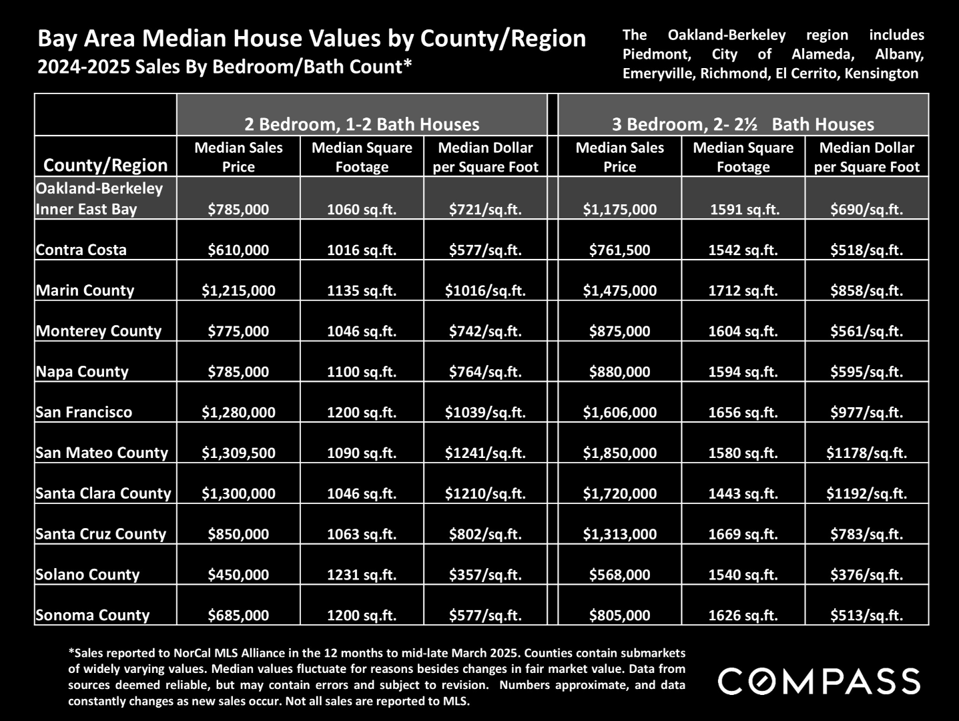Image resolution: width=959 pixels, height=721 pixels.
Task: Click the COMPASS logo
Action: pyautogui.click(x=820, y=681)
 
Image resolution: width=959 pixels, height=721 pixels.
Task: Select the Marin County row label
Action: pyautogui.click(x=85, y=290)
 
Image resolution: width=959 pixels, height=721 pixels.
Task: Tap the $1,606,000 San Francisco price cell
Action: pyautogui.click(x=619, y=413)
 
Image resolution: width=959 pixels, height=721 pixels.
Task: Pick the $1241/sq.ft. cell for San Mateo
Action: pyautogui.click(x=485, y=453)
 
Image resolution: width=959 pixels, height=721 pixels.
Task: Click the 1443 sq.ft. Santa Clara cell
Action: pyautogui.click(x=743, y=494)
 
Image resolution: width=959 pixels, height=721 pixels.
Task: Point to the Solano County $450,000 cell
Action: pyautogui.click(x=238, y=575)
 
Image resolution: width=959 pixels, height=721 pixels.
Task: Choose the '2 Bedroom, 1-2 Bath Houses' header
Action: pyautogui.click(x=362, y=125)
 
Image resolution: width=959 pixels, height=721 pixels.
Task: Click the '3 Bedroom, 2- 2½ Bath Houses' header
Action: pyautogui.click(x=743, y=125)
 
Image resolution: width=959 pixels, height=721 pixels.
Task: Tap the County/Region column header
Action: pyautogui.click(x=105, y=166)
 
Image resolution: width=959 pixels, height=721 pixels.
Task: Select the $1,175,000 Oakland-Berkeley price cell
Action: pyautogui.click(x=619, y=210)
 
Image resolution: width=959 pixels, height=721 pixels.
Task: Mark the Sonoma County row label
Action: pyautogui.click(x=93, y=616)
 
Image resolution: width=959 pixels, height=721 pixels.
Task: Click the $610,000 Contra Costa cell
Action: pyautogui.click(x=238, y=250)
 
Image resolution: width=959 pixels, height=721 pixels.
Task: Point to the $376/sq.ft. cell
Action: pyautogui.click(x=866, y=575)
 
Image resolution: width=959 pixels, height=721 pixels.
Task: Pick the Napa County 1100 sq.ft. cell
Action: pyautogui.click(x=362, y=372)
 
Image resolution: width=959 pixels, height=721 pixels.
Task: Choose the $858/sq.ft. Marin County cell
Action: pyautogui.click(x=866, y=291)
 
